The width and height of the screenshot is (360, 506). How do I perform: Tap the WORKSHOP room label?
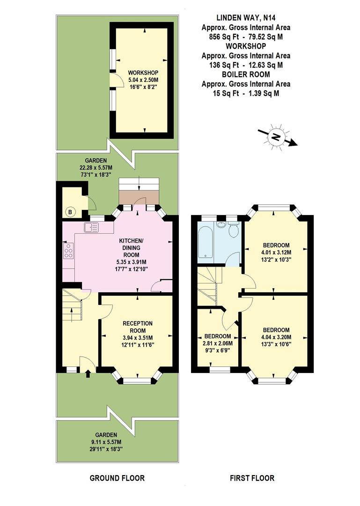point(143,73)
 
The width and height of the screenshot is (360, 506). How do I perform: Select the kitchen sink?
point(91,228)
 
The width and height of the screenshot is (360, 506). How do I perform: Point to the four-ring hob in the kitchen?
point(68,251)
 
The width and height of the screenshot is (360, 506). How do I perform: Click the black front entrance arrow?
point(88,374)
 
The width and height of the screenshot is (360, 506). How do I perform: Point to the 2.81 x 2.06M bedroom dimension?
point(218,343)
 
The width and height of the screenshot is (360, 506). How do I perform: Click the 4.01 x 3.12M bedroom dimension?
point(276,252)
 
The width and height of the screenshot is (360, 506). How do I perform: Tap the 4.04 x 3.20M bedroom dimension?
point(276,337)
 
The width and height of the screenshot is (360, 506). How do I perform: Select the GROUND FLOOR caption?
point(117,478)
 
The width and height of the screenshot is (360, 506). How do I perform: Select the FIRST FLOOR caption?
point(252,478)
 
